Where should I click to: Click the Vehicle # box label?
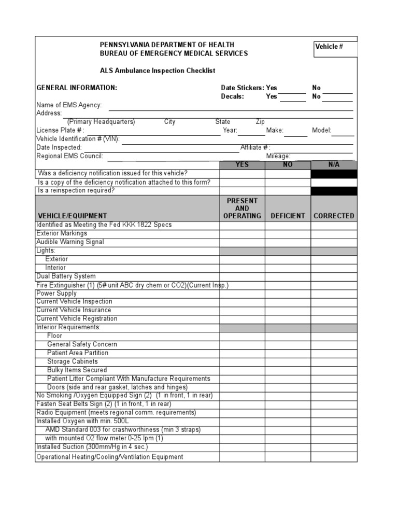(329, 47)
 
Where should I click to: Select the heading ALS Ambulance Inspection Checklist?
(157, 71)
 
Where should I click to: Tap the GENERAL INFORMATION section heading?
(77, 88)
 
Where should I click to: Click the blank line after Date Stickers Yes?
(293, 89)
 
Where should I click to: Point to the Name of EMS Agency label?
(69, 105)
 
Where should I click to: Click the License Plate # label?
(60, 131)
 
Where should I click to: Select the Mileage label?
(278, 156)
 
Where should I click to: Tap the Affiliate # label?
(255, 148)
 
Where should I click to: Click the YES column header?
(242, 165)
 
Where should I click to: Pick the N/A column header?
(334, 165)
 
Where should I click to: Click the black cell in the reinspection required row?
(334, 191)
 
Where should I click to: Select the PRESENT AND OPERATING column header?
(242, 208)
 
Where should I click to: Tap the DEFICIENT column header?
(288, 216)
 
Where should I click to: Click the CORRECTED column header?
(334, 216)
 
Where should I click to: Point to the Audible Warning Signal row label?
(70, 242)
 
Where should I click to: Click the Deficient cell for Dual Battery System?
(288, 276)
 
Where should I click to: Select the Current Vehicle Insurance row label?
(74, 310)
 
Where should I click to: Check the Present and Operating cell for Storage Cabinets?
(242, 361)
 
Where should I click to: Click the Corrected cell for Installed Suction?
(334, 446)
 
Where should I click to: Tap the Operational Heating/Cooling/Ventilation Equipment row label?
(109, 457)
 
